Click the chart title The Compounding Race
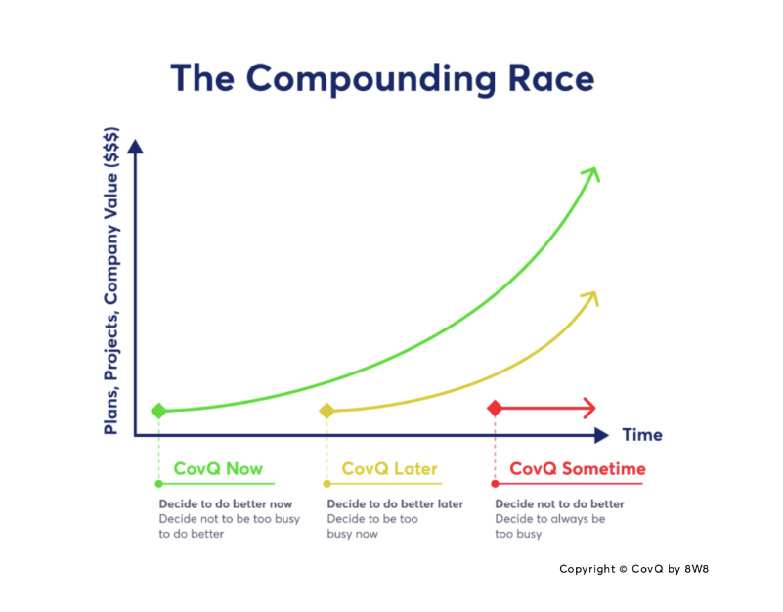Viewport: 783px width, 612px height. point(382,79)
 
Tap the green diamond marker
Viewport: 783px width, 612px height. point(158,411)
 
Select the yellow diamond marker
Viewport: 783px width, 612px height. point(326,411)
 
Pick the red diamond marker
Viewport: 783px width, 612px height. point(495,409)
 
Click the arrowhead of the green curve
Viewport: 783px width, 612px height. point(591,174)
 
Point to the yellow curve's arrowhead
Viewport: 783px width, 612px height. point(590,298)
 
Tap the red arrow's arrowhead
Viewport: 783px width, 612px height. point(589,409)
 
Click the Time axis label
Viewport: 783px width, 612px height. point(642,435)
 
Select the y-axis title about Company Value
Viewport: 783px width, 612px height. point(111,281)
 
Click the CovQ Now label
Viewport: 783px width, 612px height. point(218,469)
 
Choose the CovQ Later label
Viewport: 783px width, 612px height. point(389,469)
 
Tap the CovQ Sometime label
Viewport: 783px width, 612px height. point(578,469)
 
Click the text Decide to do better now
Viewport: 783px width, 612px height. point(226,504)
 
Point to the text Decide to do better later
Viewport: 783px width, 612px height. point(395,504)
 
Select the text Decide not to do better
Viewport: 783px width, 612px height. point(560,504)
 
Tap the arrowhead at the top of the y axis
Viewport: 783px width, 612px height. point(135,147)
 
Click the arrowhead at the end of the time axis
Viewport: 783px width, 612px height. point(602,436)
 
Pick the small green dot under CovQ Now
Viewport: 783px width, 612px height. point(158,484)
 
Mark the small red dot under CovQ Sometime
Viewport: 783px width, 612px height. point(495,484)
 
